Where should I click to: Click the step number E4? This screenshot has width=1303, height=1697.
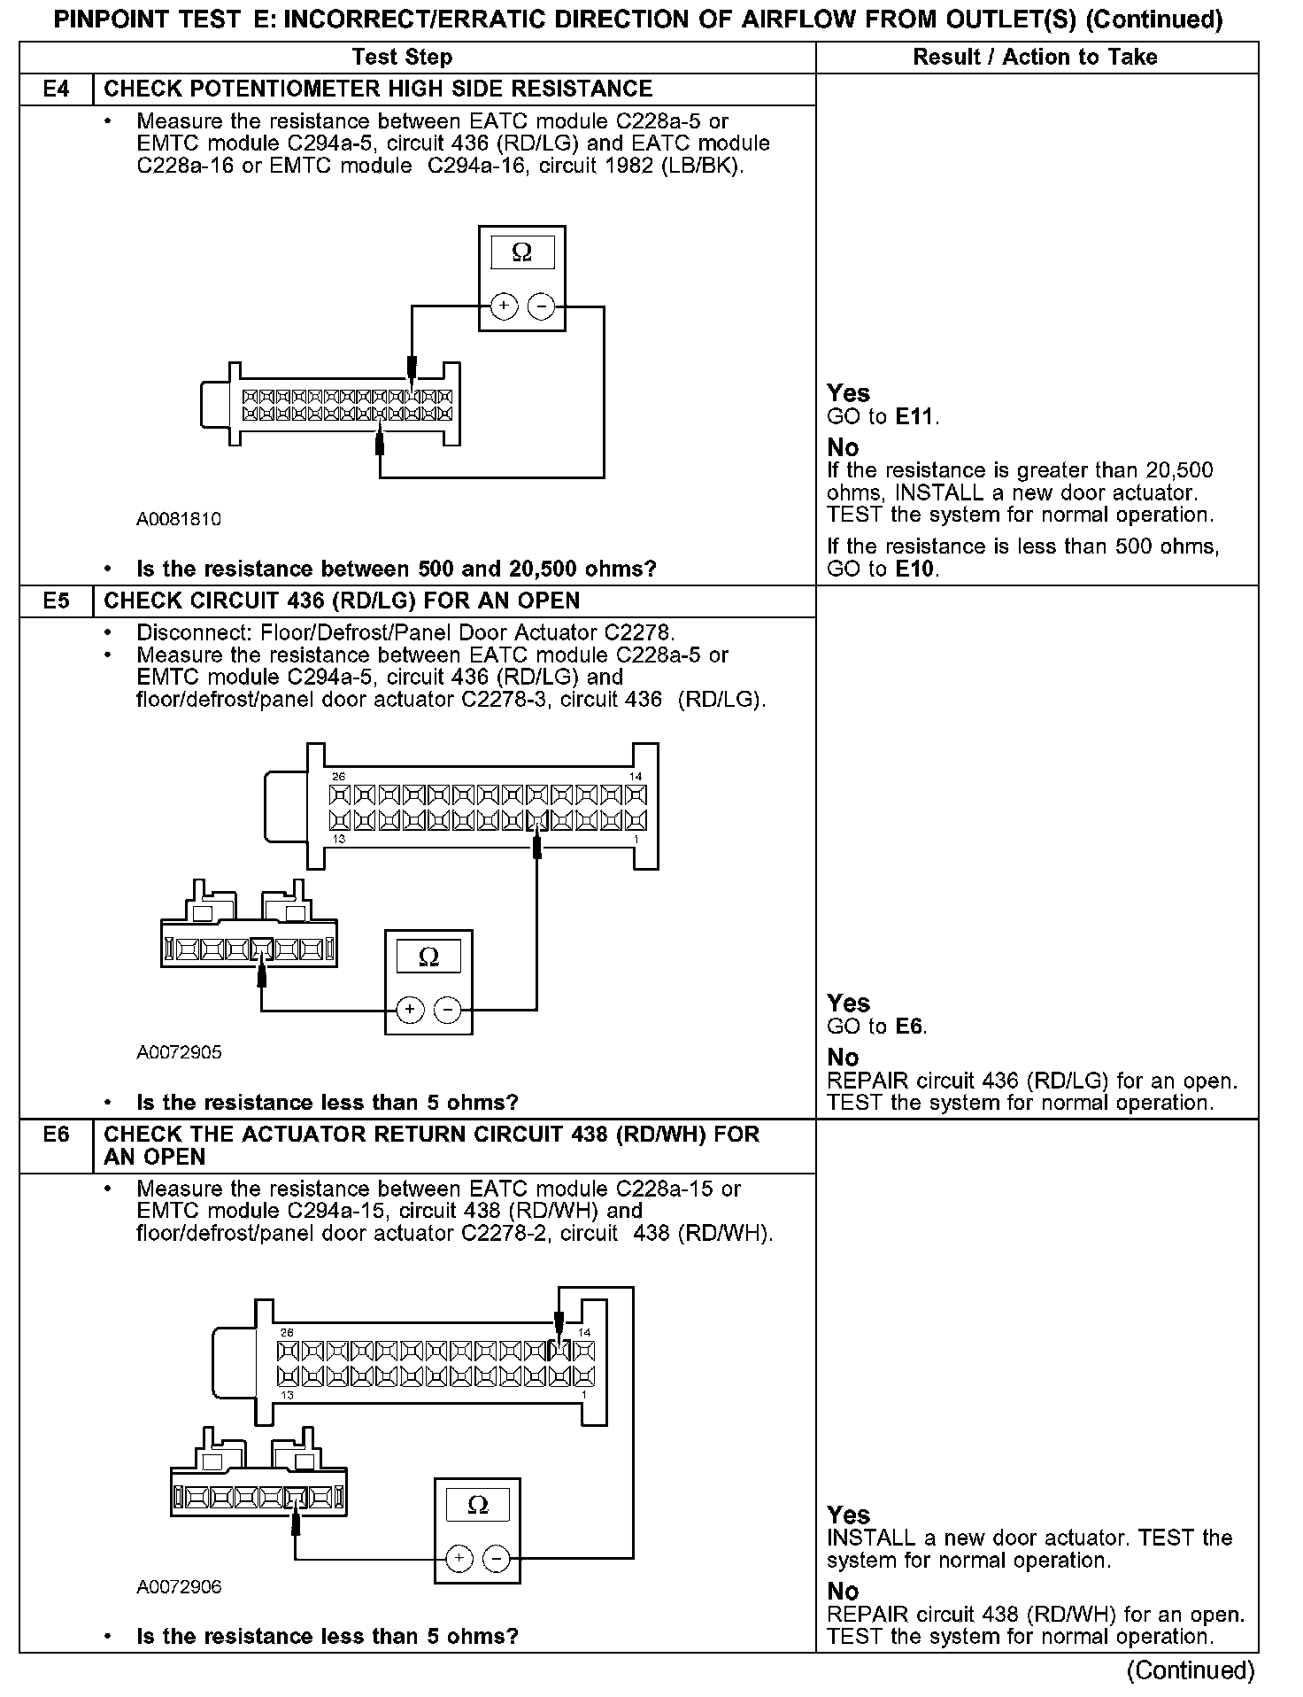56,89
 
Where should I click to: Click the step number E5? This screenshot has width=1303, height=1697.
56,601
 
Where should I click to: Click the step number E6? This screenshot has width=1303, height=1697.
56,1134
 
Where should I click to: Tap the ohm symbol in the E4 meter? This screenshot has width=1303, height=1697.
522,253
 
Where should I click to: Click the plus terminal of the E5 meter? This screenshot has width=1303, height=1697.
410,1009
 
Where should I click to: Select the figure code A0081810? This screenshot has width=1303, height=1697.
179,519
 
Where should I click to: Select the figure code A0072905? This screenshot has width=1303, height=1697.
179,1052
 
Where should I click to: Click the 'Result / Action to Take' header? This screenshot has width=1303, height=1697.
1035,58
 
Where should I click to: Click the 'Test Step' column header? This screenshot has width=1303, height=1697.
402,58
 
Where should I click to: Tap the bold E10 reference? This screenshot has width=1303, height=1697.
915,569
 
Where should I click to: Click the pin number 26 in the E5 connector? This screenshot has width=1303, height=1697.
338,777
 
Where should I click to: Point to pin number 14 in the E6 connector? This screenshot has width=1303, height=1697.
584,1332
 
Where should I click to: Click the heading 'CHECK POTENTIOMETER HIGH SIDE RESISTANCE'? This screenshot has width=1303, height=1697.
378,89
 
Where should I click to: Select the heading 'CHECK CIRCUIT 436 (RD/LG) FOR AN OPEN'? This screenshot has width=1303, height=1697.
342,601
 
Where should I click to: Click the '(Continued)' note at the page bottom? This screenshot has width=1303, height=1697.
1191,1670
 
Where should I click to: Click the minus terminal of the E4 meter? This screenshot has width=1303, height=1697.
541,306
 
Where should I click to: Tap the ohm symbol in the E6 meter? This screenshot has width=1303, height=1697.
478,1505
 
